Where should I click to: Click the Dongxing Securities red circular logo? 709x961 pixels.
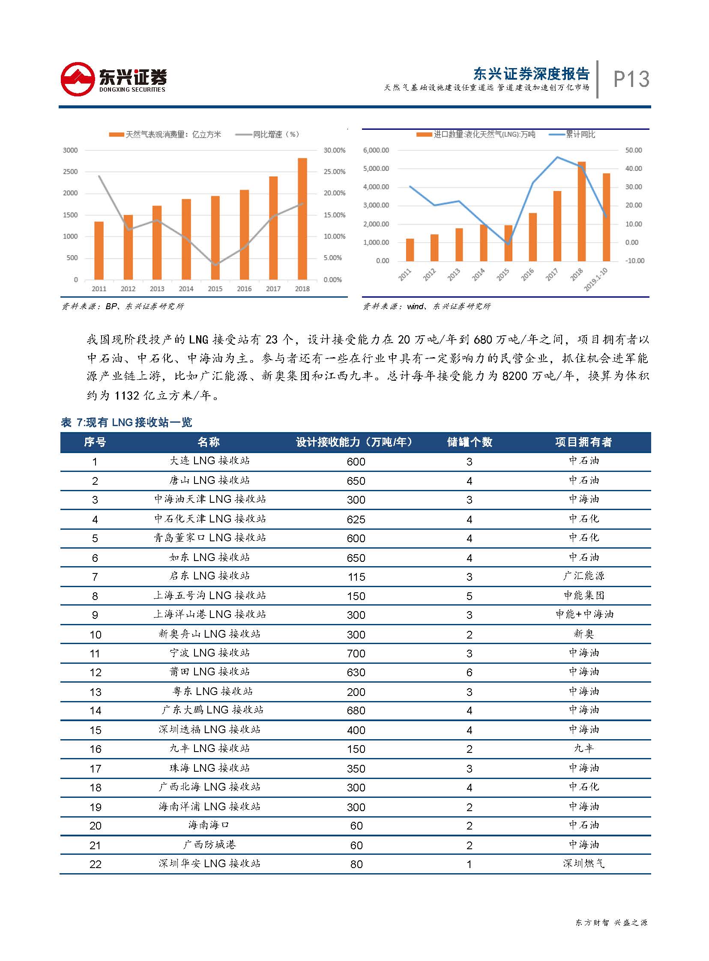77,79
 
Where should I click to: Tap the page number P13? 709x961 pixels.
631,79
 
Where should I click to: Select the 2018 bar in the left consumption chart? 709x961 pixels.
302,219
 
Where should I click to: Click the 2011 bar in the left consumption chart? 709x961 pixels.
99,251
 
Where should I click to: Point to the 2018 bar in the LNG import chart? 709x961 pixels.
581,211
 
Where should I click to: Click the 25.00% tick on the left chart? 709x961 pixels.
334,172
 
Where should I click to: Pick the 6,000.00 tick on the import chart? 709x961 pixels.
376,150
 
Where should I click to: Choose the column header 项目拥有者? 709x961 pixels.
583,442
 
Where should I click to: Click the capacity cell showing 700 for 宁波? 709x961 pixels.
356,654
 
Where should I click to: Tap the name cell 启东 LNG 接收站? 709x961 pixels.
209,576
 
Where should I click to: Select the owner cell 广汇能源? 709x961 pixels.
583,576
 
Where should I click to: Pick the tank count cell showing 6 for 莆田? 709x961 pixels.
469,672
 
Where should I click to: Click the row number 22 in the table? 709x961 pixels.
95,865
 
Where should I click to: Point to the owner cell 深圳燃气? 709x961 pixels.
583,864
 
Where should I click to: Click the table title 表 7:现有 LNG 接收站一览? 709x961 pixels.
126,423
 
